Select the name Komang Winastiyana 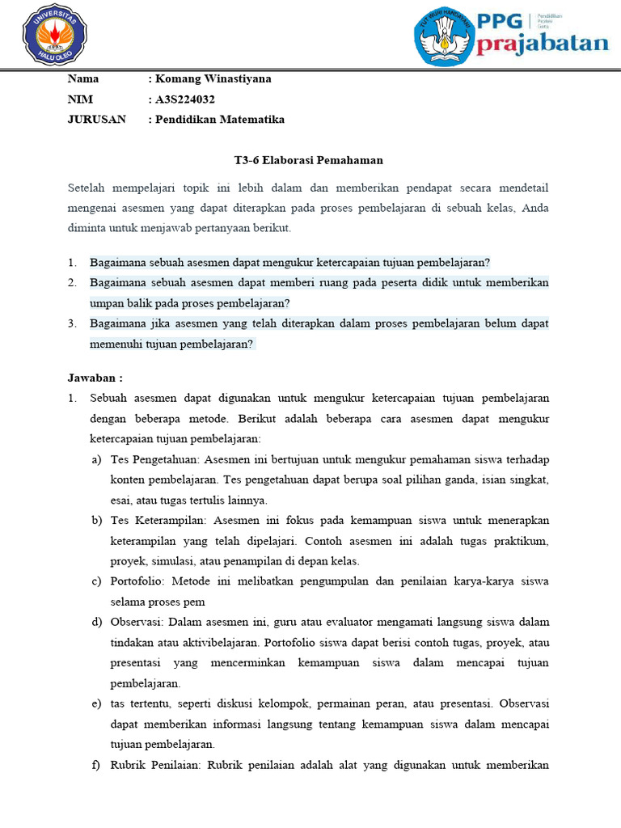tap(213, 78)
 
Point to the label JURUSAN tap(97, 119)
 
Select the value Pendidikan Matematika tap(220, 119)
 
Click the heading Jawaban tap(95, 377)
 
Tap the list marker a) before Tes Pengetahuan tap(96, 459)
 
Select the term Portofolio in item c tap(138, 581)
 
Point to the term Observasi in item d tap(138, 622)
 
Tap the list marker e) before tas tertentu tap(96, 703)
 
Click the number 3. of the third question tap(72, 323)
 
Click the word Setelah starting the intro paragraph tap(89, 188)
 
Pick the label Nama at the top tap(83, 78)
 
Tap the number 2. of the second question tap(72, 283)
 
